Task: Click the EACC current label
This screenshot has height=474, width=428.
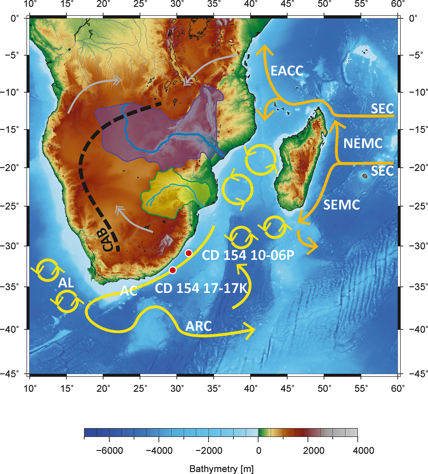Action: click(287, 71)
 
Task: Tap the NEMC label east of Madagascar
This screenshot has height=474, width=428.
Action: click(363, 143)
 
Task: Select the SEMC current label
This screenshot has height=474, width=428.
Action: click(341, 205)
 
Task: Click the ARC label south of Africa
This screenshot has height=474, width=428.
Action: click(198, 326)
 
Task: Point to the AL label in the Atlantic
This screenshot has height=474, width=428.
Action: click(66, 283)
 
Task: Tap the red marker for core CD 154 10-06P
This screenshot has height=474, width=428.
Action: click(189, 253)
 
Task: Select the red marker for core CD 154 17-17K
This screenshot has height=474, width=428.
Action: click(172, 270)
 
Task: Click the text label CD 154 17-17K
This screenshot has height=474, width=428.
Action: click(201, 288)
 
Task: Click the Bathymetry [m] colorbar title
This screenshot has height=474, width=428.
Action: click(221, 468)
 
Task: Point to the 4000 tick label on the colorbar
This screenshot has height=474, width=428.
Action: click(357, 451)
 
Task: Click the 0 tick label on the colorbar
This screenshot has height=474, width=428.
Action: click(258, 451)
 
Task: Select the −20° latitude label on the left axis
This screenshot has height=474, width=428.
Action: click(12, 167)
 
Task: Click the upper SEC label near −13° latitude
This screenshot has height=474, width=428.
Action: click(382, 109)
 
